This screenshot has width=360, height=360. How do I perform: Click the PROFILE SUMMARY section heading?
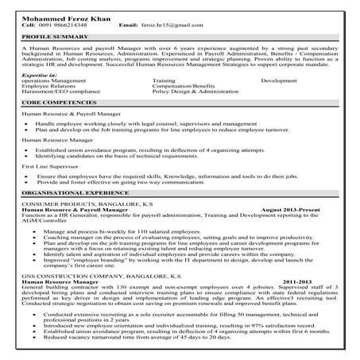[53, 37]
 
